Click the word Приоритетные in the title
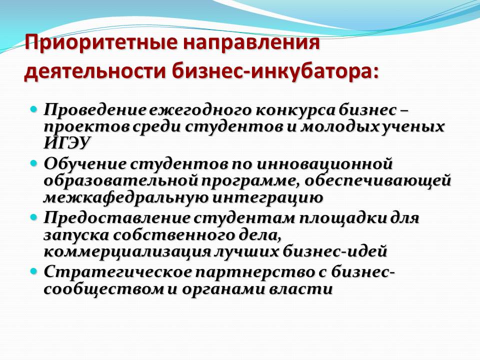tap(100, 43)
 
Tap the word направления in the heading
tap(251, 43)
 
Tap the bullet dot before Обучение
tap(34, 162)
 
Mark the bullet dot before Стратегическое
tap(34, 270)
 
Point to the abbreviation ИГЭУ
tap(67, 142)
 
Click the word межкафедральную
tap(125, 198)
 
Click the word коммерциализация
tap(127, 252)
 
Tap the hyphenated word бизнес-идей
tap(335, 251)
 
